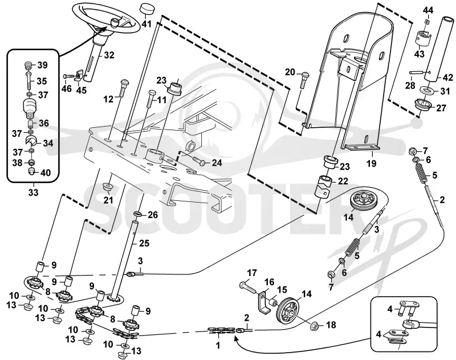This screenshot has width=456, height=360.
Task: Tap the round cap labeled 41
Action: tap(146, 9)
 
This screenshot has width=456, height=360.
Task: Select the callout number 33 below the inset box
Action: tap(33, 192)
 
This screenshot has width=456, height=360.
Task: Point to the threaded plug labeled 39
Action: tap(28, 66)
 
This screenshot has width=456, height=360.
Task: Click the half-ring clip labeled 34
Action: tap(31, 141)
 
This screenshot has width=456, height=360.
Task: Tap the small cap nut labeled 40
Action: tap(32, 171)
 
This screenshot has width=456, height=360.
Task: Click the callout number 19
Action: tap(372, 163)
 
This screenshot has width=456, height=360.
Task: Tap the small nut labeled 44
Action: tap(426, 22)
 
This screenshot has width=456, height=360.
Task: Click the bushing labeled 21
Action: tap(108, 187)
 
